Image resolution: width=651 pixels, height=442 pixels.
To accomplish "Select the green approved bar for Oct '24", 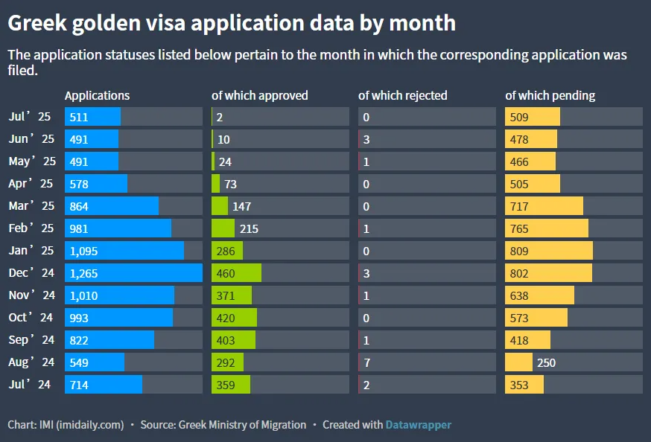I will click(234, 318).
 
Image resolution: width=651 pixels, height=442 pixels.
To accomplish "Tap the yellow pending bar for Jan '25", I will click(549, 251).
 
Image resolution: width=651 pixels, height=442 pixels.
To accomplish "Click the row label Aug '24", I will click(31, 362).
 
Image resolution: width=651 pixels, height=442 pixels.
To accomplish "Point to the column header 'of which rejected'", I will click(402, 95).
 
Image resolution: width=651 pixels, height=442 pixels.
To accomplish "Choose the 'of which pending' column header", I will click(550, 95).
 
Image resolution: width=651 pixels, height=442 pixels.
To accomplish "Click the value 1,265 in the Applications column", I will click(83, 273).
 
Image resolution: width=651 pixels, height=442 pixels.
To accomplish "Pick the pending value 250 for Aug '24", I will click(545, 362).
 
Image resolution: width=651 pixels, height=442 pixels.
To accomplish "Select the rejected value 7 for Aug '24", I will click(366, 362).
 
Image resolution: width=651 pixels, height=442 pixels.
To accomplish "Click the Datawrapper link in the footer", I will click(418, 425).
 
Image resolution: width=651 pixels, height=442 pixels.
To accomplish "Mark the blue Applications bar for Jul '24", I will click(104, 385).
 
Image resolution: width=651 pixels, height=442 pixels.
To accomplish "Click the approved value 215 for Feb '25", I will click(249, 228).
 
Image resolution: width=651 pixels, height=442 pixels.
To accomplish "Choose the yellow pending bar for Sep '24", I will click(527, 340).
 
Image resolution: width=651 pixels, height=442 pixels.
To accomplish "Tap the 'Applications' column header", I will click(97, 95).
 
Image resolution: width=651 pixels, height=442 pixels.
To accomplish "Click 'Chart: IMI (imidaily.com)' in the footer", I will click(66, 425).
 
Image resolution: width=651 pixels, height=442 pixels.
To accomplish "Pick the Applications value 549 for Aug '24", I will click(78, 362).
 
